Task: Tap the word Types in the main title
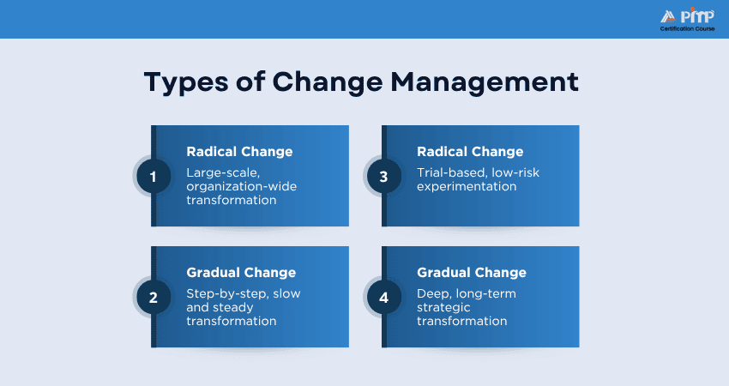pos(186,83)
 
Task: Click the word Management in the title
pos(485,83)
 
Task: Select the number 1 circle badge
pos(154,177)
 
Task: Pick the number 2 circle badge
pos(154,298)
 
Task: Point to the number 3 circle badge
pos(384,177)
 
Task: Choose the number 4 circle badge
pos(384,298)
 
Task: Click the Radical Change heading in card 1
pos(239,152)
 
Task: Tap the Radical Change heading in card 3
pos(470,152)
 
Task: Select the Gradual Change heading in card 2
pos(241,273)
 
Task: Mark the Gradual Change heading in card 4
pos(472,273)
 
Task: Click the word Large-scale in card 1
pos(223,173)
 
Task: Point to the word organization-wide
pos(241,186)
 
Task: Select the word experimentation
pos(467,187)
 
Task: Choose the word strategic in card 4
pos(443,307)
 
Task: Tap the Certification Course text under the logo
pos(687,29)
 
